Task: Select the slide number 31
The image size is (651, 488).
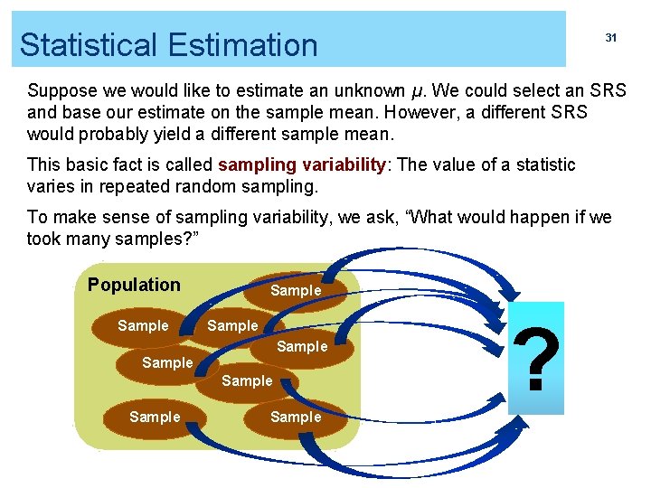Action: point(611,38)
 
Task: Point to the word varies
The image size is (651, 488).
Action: point(51,187)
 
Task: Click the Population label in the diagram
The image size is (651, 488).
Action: point(134,285)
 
